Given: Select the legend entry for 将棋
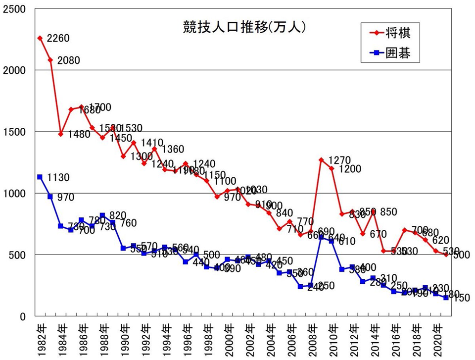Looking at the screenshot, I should pyautogui.click(x=396, y=34).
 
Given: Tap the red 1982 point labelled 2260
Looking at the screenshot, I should pyautogui.click(x=40, y=38).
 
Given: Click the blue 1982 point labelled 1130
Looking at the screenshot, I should pyautogui.click(x=40, y=177).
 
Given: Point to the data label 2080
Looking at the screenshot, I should pyautogui.click(x=69, y=61).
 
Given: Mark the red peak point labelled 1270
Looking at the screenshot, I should pyautogui.click(x=321, y=160).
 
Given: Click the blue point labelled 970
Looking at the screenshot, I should pyautogui.click(x=50, y=197).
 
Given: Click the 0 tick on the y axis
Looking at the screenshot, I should pyautogui.click(x=23, y=316).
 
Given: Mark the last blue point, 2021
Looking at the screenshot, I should pyautogui.click(x=446, y=298).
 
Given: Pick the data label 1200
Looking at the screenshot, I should pyautogui.click(x=349, y=169).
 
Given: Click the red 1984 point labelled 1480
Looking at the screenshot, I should pyautogui.click(x=61, y=134).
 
